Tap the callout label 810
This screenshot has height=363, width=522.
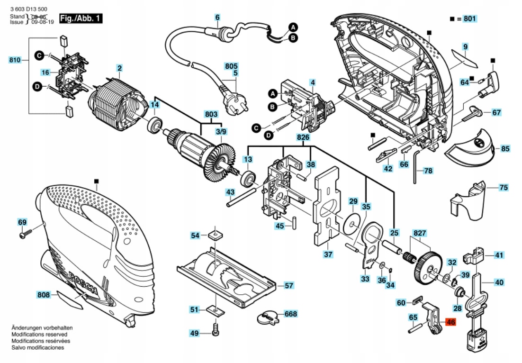click(15, 60)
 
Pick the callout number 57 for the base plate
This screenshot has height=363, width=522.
click(288, 286)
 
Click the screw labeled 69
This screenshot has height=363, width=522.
click(25, 234)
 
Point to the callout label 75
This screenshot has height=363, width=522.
click(504, 188)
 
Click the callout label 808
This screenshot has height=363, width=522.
click(44, 295)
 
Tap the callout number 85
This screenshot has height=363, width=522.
click(505, 149)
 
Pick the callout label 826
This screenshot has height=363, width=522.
click(303, 138)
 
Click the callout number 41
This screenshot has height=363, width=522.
click(499, 255)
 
